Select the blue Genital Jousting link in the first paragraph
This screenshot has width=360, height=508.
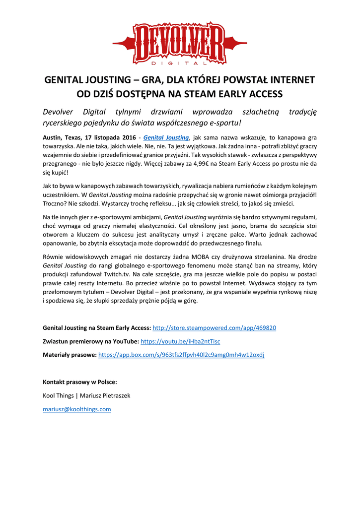point(166,137)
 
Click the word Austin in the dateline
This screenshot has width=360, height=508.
point(52,137)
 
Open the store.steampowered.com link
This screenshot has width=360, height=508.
point(214,328)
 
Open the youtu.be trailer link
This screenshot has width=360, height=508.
point(180,341)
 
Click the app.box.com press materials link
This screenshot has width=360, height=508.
point(181,355)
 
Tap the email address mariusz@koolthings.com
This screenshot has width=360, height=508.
point(77,409)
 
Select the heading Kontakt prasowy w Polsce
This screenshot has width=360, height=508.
point(80,382)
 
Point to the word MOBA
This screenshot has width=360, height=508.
point(213,256)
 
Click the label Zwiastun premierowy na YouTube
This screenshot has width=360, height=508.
point(91,341)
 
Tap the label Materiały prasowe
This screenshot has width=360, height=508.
point(70,355)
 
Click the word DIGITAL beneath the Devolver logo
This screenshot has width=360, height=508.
point(179,63)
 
